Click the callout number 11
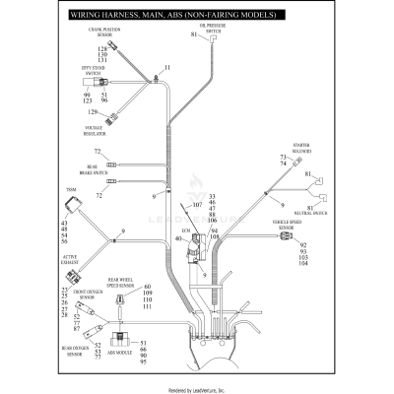tap(167, 67)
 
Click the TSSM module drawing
tap(71, 206)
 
